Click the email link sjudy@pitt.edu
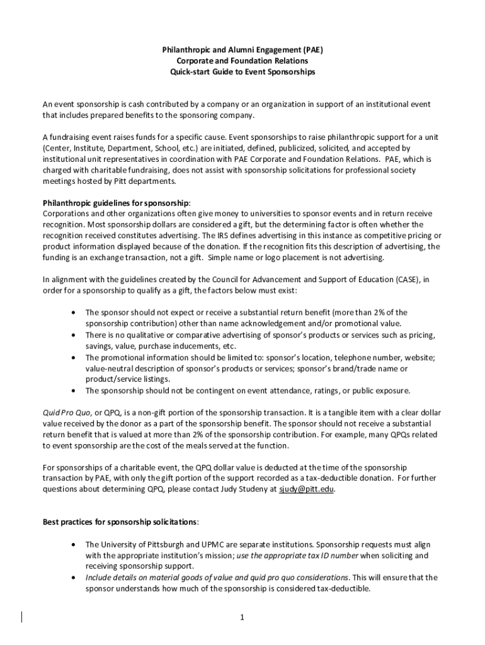click(306, 489)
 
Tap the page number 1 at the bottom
click(242, 617)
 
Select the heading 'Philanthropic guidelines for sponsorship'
click(115, 203)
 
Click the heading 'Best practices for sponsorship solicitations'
click(120, 522)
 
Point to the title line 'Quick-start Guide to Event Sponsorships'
click(243, 72)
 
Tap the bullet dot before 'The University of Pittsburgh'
click(76, 544)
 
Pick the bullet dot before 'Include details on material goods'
click(76, 578)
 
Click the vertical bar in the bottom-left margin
click(23, 617)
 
